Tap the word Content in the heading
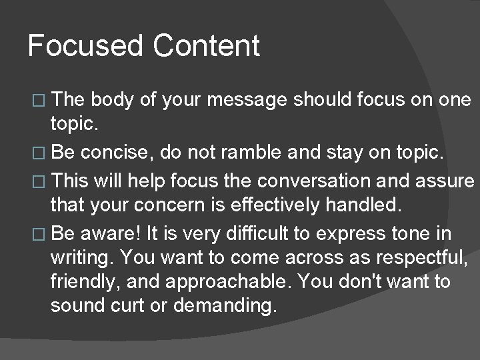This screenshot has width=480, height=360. [x=206, y=47]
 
